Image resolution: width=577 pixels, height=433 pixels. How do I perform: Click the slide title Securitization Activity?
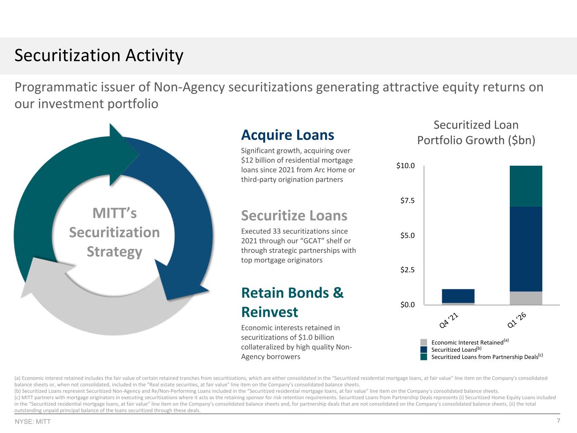(x=99, y=55)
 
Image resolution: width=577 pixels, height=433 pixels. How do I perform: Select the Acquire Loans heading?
(x=287, y=135)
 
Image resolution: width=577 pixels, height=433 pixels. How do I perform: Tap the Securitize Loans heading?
(x=294, y=216)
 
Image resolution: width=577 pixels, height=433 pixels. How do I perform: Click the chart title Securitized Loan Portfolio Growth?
(x=476, y=132)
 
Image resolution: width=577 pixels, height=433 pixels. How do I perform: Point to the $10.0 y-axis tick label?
(x=405, y=166)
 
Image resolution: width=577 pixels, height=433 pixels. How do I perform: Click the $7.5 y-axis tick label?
(x=407, y=200)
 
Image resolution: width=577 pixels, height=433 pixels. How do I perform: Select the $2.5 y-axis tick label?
(x=407, y=270)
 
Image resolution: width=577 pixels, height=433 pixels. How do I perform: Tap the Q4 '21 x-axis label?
(x=449, y=320)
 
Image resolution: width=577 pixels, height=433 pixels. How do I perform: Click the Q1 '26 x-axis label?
(x=517, y=320)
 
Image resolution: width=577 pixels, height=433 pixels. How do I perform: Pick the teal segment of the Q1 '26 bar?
(x=526, y=186)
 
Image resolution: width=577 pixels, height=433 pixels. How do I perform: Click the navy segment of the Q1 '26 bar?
(x=526, y=249)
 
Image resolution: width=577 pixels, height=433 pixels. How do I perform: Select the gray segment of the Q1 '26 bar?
(x=526, y=298)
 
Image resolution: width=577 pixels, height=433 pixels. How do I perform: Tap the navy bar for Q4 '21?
(x=458, y=296)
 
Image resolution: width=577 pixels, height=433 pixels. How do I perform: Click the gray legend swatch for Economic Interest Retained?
(x=424, y=343)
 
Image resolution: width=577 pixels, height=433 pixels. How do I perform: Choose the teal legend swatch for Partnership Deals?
(x=424, y=357)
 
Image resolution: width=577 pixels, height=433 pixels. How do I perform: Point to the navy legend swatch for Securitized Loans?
(x=424, y=349)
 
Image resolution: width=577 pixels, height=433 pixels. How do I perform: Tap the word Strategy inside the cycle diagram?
(x=115, y=252)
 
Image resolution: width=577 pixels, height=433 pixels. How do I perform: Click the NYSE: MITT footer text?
(x=33, y=422)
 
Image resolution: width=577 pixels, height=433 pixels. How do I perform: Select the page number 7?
(x=558, y=421)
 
